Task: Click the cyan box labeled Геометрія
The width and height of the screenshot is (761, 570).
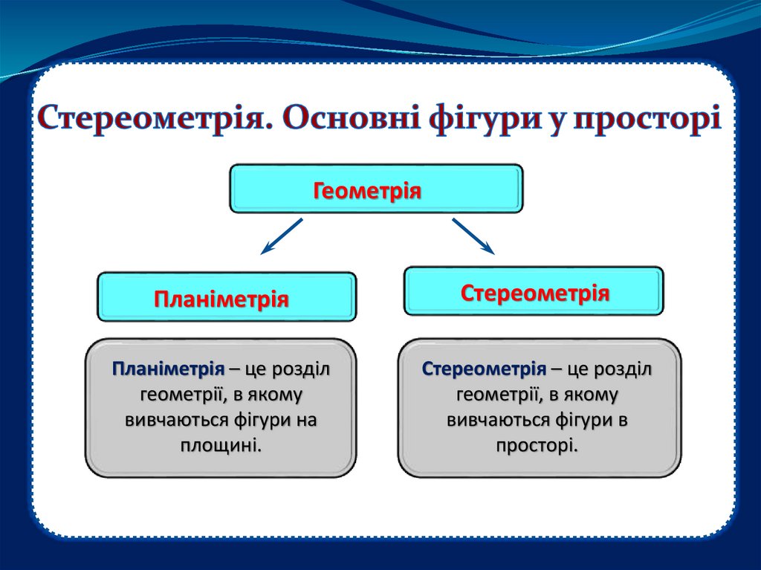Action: tap(376, 190)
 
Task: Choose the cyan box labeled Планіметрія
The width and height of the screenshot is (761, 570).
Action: tap(227, 297)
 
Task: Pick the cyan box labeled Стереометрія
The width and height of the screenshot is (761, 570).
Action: tap(534, 292)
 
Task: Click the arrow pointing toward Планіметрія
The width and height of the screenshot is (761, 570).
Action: tap(281, 236)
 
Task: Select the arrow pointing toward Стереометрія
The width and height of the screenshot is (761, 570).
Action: tap(473, 236)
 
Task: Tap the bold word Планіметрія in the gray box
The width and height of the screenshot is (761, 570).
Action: tap(168, 369)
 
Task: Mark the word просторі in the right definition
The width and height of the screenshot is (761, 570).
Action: tap(536, 445)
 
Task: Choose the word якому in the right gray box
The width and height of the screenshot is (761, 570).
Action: tap(592, 395)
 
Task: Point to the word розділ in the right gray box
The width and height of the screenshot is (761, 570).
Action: tap(625, 369)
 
